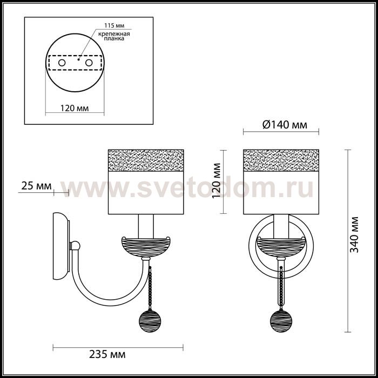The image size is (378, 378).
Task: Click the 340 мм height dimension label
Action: pyautogui.click(x=354, y=234)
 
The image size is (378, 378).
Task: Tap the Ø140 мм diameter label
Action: pyautogui.click(x=285, y=125)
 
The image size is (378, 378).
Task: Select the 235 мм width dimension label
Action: pyautogui.click(x=107, y=355)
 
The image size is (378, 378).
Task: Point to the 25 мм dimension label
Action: pyautogui.click(x=36, y=186)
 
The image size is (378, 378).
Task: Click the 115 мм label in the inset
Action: pyautogui.click(x=114, y=25)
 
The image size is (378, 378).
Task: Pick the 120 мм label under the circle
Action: pyautogui.click(x=75, y=108)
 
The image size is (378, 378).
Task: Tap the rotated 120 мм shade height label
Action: pyautogui.click(x=217, y=180)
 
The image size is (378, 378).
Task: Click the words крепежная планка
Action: pyautogui.click(x=114, y=36)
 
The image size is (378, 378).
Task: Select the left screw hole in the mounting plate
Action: pyautogui.click(x=62, y=63)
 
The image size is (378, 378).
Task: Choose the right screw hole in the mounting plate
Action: pyautogui.click(x=89, y=63)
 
